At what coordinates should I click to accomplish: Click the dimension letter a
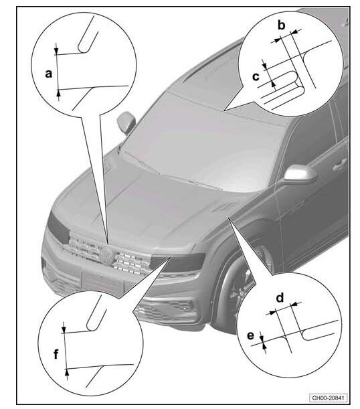pos(48,74)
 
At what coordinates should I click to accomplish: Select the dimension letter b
pos(281,25)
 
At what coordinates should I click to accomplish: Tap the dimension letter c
pos(256,77)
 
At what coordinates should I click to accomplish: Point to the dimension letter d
pos(280,297)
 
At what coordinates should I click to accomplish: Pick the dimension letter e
pos(250,336)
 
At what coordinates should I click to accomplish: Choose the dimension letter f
pos(56,354)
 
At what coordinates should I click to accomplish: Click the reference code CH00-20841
pos(328,398)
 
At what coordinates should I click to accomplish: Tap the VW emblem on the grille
pos(106,253)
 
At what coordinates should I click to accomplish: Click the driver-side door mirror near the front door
pos(300,173)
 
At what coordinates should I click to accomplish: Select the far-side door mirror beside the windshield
pos(126,122)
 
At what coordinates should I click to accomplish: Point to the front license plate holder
pos(102,282)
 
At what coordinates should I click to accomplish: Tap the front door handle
pos(339,163)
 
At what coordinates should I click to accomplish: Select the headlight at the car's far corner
pos(58,227)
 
